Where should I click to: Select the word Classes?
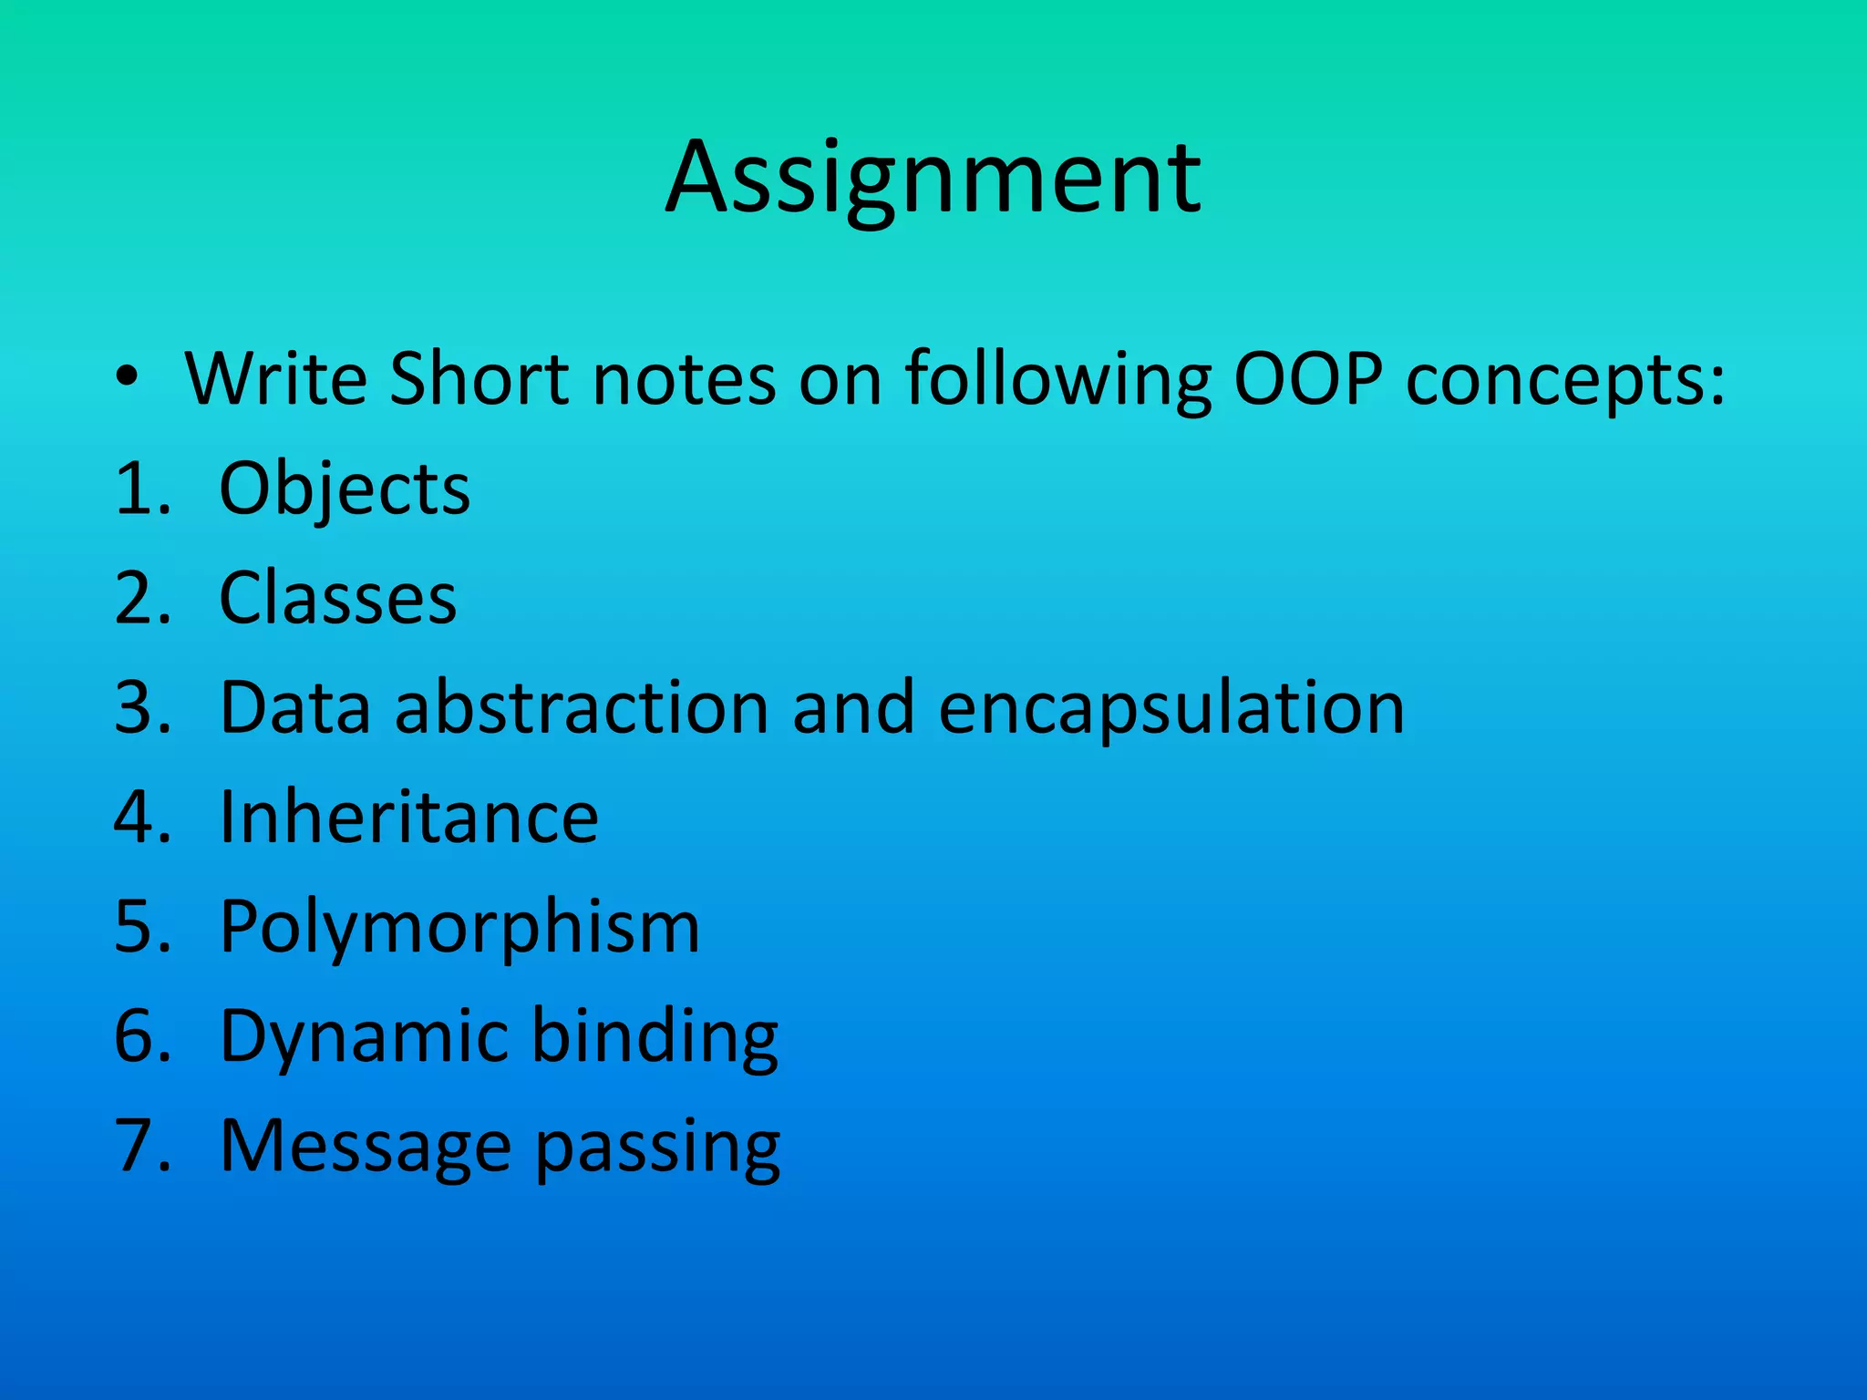click(337, 599)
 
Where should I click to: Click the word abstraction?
click(582, 708)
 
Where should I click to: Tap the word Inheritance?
click(409, 818)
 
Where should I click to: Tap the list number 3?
click(140, 708)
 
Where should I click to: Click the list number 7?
click(140, 1146)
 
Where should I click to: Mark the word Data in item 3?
click(295, 708)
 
